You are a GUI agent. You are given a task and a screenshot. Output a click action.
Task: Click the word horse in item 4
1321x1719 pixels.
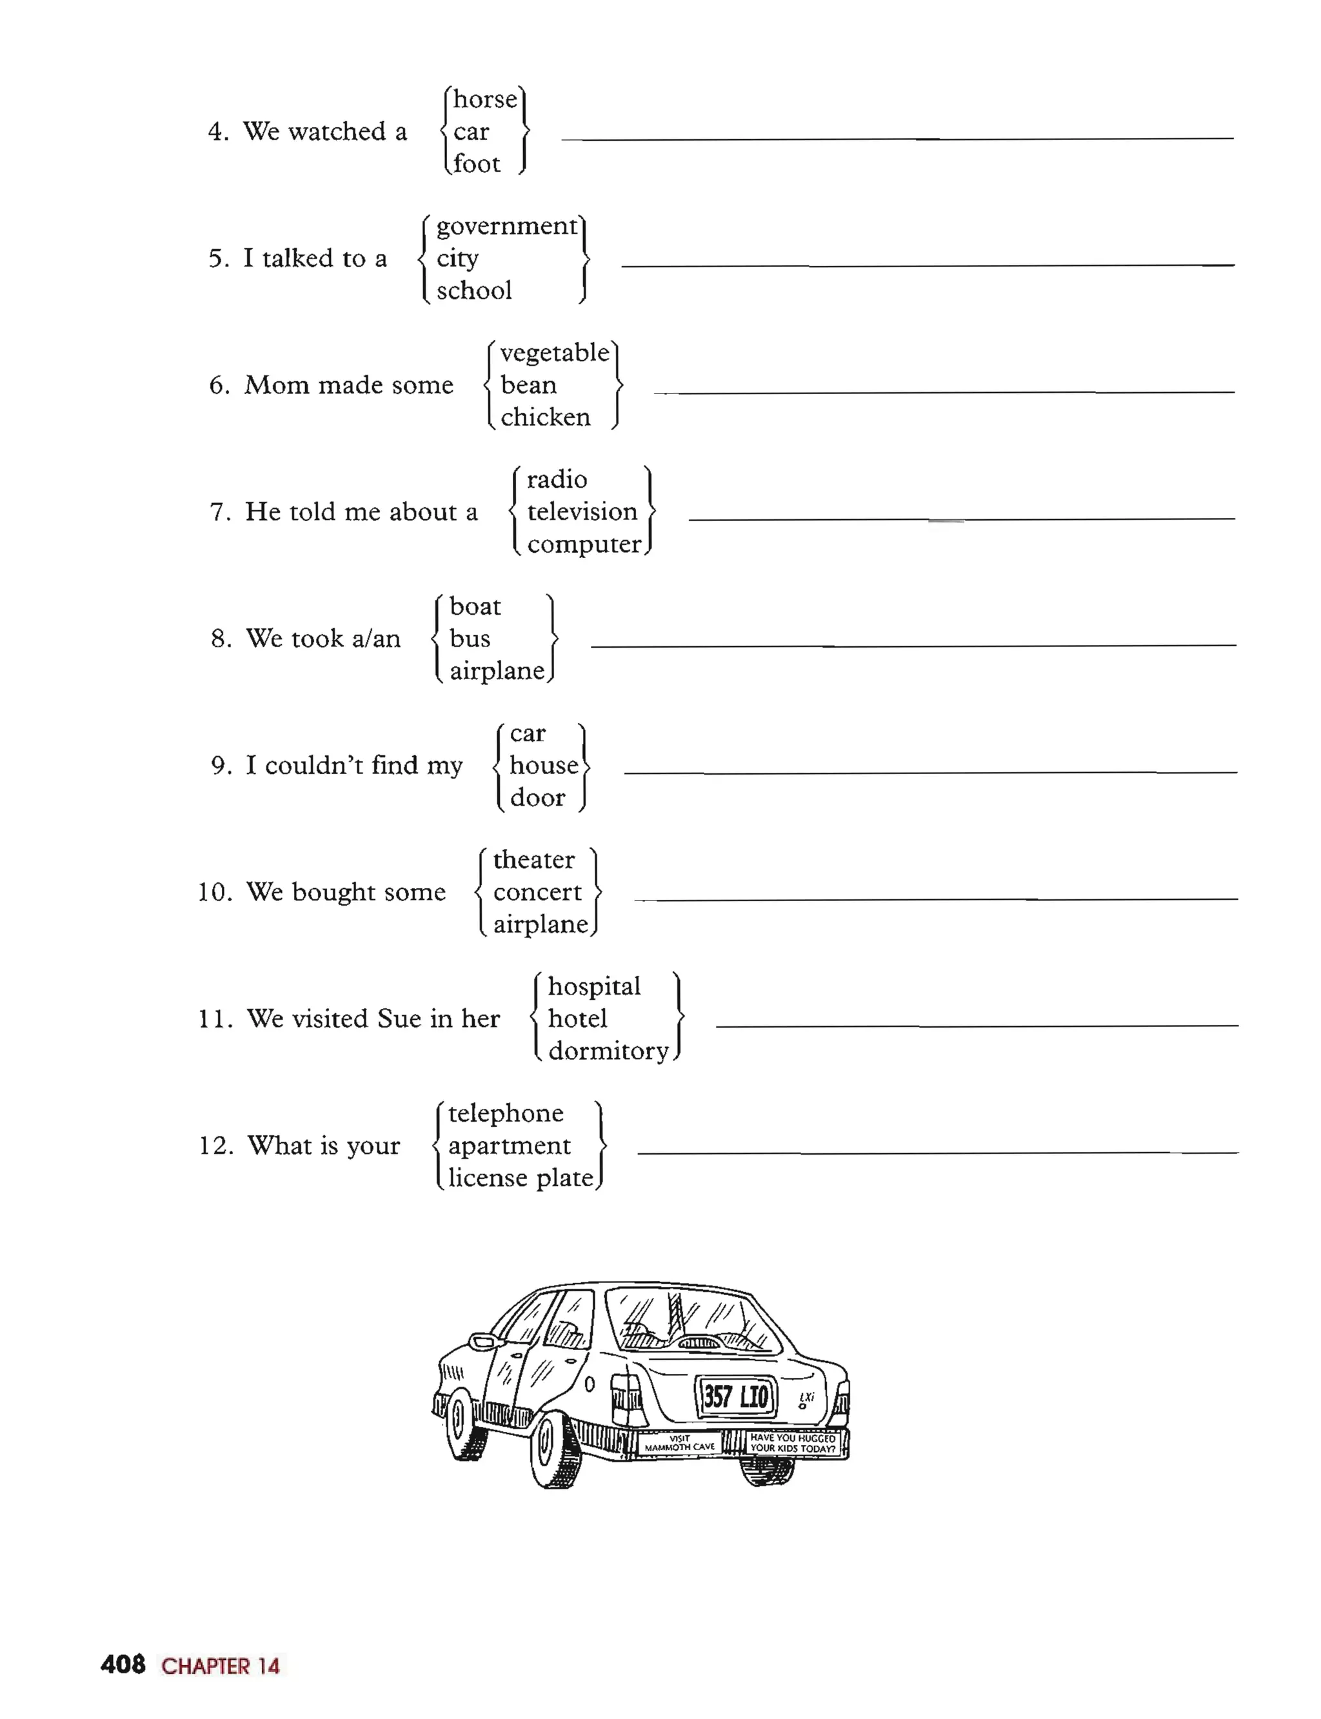point(485,99)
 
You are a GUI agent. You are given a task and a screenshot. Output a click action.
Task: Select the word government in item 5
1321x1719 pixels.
point(506,226)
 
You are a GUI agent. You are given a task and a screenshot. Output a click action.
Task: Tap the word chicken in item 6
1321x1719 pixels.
point(545,417)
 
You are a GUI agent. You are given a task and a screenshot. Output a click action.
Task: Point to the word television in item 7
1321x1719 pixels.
point(582,512)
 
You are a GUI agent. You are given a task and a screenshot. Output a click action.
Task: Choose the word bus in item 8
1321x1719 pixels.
point(470,639)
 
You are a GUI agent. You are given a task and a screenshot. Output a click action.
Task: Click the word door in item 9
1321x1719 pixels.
point(537,798)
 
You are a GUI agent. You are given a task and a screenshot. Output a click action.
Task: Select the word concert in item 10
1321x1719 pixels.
point(537,893)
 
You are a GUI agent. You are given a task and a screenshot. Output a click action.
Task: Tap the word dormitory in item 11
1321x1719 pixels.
point(608,1051)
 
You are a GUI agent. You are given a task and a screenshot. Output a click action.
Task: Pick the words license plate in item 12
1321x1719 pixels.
point(521,1178)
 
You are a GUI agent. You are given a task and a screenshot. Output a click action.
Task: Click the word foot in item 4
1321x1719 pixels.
point(477,164)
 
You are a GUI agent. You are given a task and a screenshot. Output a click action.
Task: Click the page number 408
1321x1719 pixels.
point(123,1665)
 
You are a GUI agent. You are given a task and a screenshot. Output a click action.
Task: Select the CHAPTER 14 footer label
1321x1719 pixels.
point(220,1666)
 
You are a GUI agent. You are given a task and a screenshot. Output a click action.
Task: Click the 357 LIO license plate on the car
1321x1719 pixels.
point(735,1396)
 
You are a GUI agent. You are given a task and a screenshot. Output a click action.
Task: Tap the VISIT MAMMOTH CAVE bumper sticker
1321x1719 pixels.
point(679,1442)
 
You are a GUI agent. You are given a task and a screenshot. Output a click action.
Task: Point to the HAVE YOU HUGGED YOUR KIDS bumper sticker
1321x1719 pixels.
point(792,1442)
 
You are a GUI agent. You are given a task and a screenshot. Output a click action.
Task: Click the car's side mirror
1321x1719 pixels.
point(480,1341)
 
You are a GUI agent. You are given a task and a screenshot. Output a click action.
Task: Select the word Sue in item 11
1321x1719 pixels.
point(399,1019)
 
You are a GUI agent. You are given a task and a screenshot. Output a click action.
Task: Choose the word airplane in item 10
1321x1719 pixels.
point(540,925)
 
